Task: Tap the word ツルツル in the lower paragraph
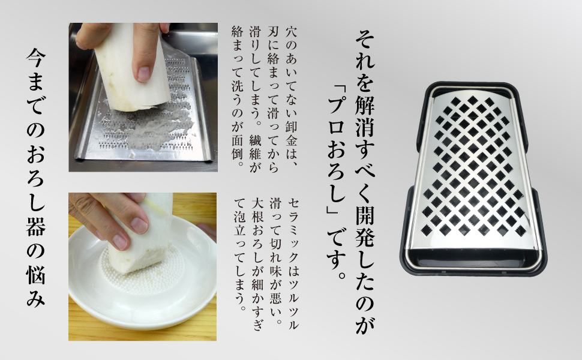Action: (292, 302)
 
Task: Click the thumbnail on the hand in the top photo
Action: (143, 73)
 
